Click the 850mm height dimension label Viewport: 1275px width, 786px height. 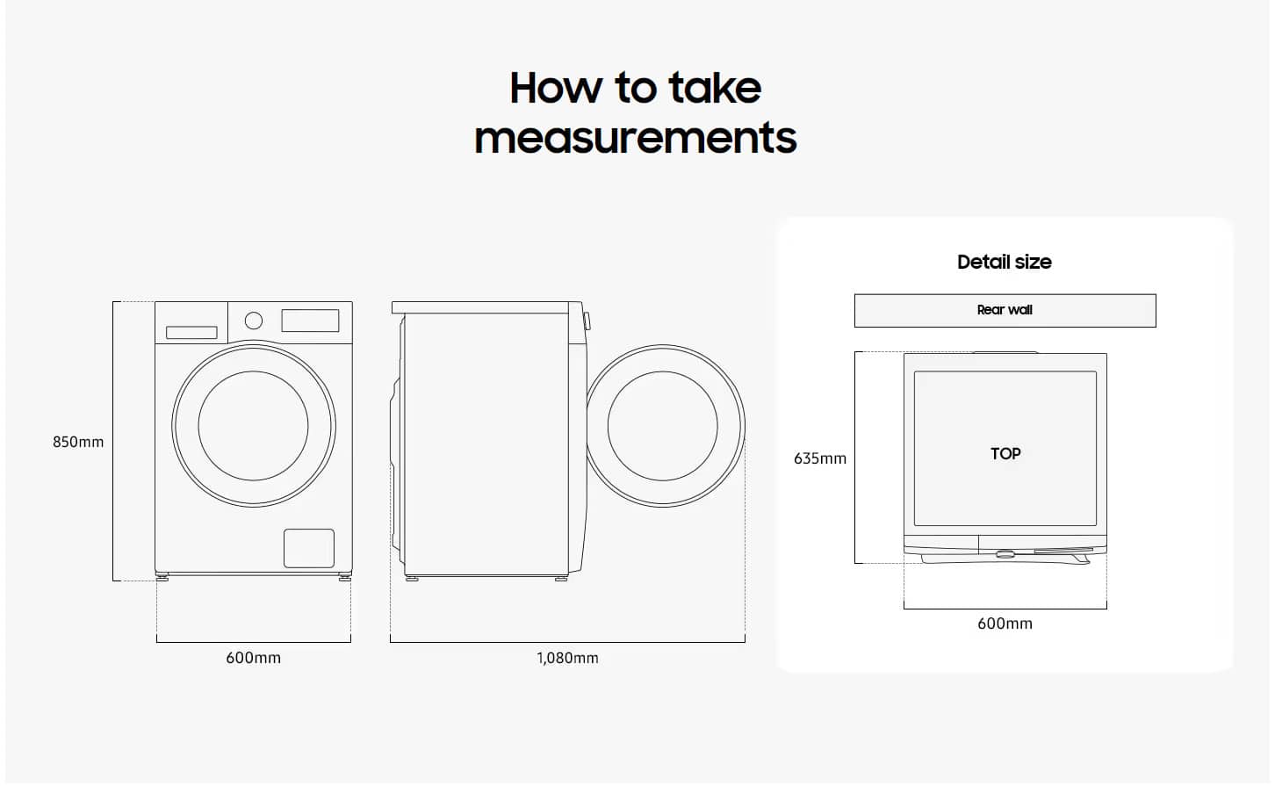(x=78, y=443)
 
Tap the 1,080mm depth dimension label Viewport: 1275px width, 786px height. (x=567, y=659)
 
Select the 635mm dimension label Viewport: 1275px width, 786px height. (x=819, y=458)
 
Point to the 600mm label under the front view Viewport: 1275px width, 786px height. (x=253, y=658)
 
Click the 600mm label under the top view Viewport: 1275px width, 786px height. (x=1005, y=624)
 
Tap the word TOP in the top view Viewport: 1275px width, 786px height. (x=1005, y=454)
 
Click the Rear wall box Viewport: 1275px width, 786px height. (x=1005, y=311)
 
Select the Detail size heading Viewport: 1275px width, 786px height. (x=1004, y=262)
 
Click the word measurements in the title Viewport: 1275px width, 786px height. (x=635, y=138)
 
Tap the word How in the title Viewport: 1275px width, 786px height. (x=556, y=88)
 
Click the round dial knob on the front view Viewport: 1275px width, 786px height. (x=253, y=321)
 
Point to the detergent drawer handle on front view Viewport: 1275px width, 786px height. (x=191, y=332)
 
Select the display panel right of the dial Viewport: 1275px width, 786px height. (x=310, y=321)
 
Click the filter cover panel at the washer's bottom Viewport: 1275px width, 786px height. (x=309, y=548)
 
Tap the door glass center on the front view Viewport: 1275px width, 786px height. (x=253, y=426)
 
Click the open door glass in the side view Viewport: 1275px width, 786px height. (x=663, y=426)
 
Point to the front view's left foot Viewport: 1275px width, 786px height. (x=162, y=577)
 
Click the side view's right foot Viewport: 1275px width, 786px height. (x=561, y=578)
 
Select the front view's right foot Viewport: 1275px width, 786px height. (x=345, y=577)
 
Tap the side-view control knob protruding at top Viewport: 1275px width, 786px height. (x=587, y=321)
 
